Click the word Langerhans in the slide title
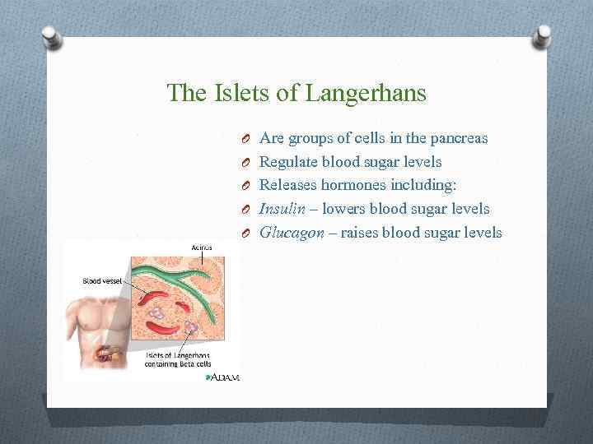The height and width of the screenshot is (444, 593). click(x=366, y=94)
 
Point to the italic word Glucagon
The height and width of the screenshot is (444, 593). click(x=292, y=233)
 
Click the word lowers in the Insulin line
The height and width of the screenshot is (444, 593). click(x=344, y=210)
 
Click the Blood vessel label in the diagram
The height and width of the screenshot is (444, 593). click(x=102, y=280)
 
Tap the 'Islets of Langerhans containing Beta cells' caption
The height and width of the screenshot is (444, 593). click(x=178, y=359)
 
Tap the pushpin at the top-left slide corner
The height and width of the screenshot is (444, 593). click(x=51, y=35)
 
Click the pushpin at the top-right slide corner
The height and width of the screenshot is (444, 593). click(x=544, y=35)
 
